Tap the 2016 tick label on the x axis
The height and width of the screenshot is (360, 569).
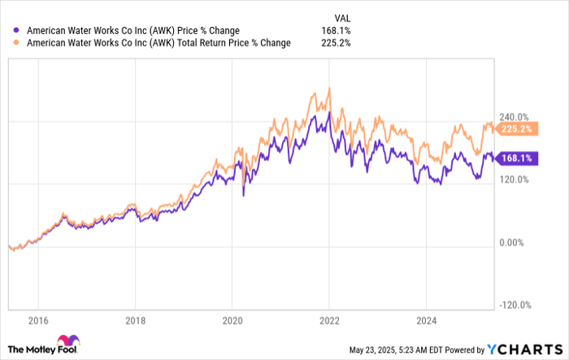point(39,322)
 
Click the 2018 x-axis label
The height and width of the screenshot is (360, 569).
point(135,322)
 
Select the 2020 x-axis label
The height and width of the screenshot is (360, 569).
point(232,322)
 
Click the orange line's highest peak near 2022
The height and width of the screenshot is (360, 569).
point(329,88)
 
